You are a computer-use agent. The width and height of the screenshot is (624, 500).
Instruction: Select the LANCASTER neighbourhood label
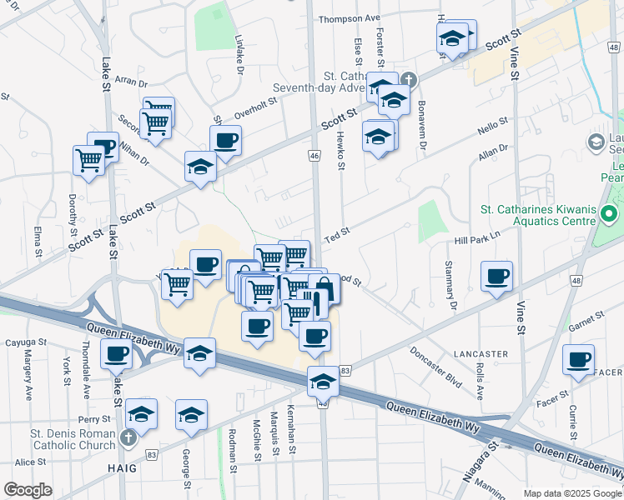tap(481, 354)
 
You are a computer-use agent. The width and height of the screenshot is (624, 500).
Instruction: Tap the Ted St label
tap(336, 237)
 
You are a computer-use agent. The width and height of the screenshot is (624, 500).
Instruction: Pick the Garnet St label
tap(586, 323)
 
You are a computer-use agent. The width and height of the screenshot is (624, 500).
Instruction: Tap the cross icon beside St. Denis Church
tap(127, 437)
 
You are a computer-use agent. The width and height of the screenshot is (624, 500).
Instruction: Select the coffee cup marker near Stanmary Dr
tap(496, 276)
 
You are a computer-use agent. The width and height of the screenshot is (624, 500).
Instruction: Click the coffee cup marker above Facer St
tap(578, 359)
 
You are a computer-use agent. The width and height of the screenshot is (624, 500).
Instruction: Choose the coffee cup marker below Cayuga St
tap(116, 352)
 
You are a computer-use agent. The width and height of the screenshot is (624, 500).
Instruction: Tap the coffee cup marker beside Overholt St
tap(224, 140)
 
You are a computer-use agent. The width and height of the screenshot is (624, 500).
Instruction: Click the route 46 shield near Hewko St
tap(315, 156)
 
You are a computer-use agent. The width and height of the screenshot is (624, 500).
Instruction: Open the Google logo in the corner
tap(28, 490)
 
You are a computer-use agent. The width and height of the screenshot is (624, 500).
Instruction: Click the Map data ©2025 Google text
tap(571, 493)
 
